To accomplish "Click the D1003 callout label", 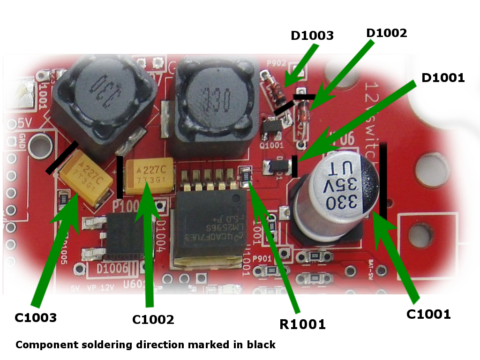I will pyautogui.click(x=312, y=36).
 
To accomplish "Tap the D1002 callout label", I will pyautogui.click(x=387, y=33).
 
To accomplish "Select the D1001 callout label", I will pyautogui.click(x=443, y=78).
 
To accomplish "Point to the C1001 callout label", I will pyautogui.click(x=428, y=314).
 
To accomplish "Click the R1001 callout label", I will pyautogui.click(x=302, y=324).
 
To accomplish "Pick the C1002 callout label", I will pyautogui.click(x=153, y=320).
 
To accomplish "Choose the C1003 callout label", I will pyautogui.click(x=36, y=318).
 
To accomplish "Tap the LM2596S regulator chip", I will pyautogui.click(x=211, y=225).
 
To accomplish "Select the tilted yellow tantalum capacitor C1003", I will pyautogui.click(x=87, y=176).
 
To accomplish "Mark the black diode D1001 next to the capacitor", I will pyautogui.click(x=277, y=166).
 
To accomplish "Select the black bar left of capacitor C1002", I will pyautogui.click(x=120, y=177).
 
